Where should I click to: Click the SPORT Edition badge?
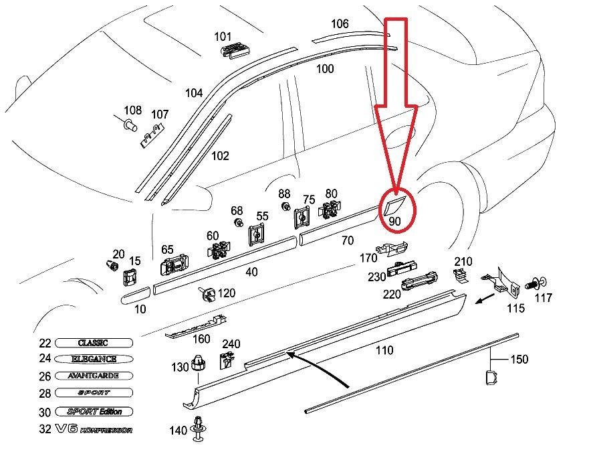pyautogui.click(x=93, y=411)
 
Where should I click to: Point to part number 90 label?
pyautogui.click(x=394, y=220)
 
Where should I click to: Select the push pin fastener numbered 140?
pyautogui.click(x=199, y=428)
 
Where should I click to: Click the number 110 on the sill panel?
pyautogui.click(x=384, y=350)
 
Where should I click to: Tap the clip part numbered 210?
pyautogui.click(x=461, y=275)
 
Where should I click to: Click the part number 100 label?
pyautogui.click(x=325, y=68)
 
